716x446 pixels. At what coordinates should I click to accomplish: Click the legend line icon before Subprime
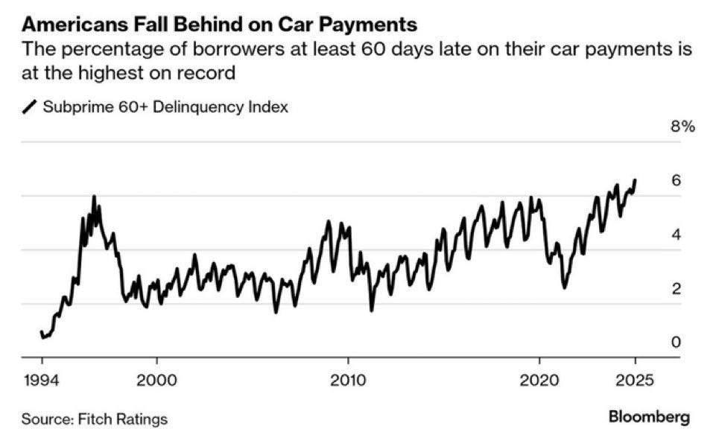(30, 107)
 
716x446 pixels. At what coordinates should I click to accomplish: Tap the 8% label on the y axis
(682, 127)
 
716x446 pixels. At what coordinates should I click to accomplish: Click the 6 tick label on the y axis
(677, 181)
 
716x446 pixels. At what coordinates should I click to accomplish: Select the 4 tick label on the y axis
(677, 235)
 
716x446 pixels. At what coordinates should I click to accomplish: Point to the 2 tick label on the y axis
(677, 289)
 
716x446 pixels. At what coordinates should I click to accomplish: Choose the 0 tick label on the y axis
(677, 343)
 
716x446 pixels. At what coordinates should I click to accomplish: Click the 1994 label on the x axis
(42, 380)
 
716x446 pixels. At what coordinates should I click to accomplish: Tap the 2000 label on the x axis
(156, 380)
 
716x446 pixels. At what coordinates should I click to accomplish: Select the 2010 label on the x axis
(348, 380)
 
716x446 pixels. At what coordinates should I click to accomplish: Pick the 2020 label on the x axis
(539, 380)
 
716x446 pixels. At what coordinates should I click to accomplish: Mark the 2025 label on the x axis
(635, 380)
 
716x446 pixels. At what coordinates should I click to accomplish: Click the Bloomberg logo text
(650, 417)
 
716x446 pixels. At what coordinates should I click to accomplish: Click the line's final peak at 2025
(635, 179)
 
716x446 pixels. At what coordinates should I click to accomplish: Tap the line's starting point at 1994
(42, 331)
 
